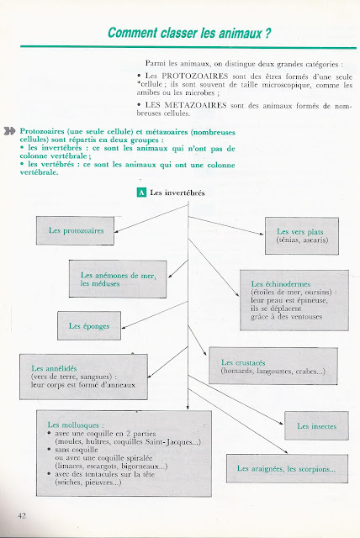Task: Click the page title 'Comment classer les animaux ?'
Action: (x=189, y=34)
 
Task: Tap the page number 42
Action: (x=22, y=515)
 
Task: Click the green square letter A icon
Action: (x=141, y=193)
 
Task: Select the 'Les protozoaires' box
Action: (x=75, y=230)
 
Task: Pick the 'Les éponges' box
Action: (x=89, y=325)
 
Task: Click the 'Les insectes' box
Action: (x=316, y=426)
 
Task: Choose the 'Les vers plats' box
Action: (x=302, y=235)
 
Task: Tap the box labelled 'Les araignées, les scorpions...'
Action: (x=287, y=469)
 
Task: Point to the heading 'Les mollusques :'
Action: (x=76, y=425)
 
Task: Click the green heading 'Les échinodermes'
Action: (x=281, y=284)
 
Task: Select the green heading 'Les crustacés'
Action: (x=243, y=362)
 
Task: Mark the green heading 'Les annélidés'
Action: (x=54, y=368)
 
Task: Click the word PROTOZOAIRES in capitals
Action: (x=195, y=76)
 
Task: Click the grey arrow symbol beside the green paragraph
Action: (x=9, y=131)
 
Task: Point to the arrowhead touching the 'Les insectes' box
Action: (x=282, y=424)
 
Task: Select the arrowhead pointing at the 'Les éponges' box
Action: (x=124, y=328)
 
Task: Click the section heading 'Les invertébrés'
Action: (x=177, y=193)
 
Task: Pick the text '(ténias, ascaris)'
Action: (x=302, y=240)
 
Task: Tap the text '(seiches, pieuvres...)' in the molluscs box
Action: (x=88, y=483)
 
